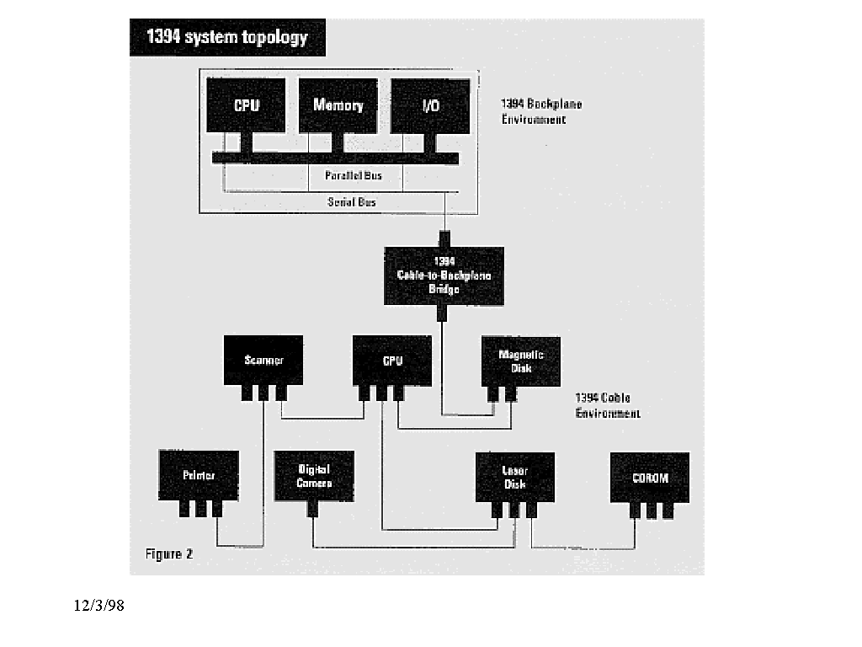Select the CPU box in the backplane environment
(246, 105)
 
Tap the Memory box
(338, 105)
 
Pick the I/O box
(430, 105)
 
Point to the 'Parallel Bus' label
(354, 176)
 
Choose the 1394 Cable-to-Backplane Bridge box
(444, 275)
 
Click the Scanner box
(263, 360)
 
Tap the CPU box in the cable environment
(392, 360)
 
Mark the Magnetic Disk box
(520, 361)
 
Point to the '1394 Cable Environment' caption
(607, 405)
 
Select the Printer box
(199, 475)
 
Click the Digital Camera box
(314, 475)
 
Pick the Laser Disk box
(514, 477)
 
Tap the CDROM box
(650, 477)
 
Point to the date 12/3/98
(98, 605)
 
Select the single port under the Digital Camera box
(313, 509)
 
